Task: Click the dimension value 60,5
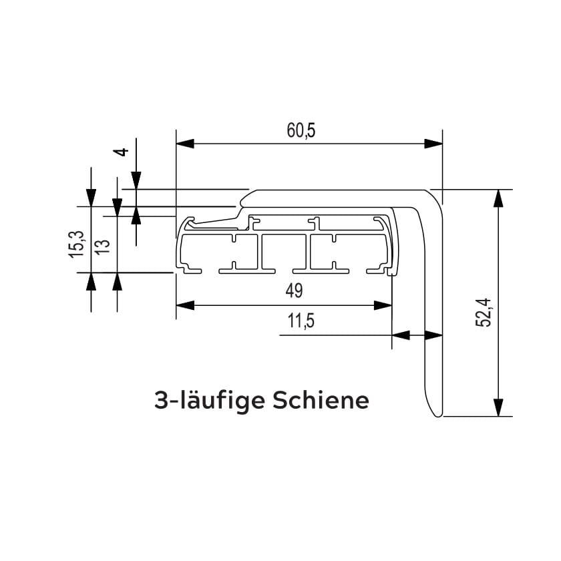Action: [301, 131]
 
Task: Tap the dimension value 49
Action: [294, 291]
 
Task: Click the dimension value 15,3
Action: [76, 244]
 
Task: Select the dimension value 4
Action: [121, 152]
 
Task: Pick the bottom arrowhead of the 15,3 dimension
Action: [91, 281]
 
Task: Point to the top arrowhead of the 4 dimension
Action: [136, 181]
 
